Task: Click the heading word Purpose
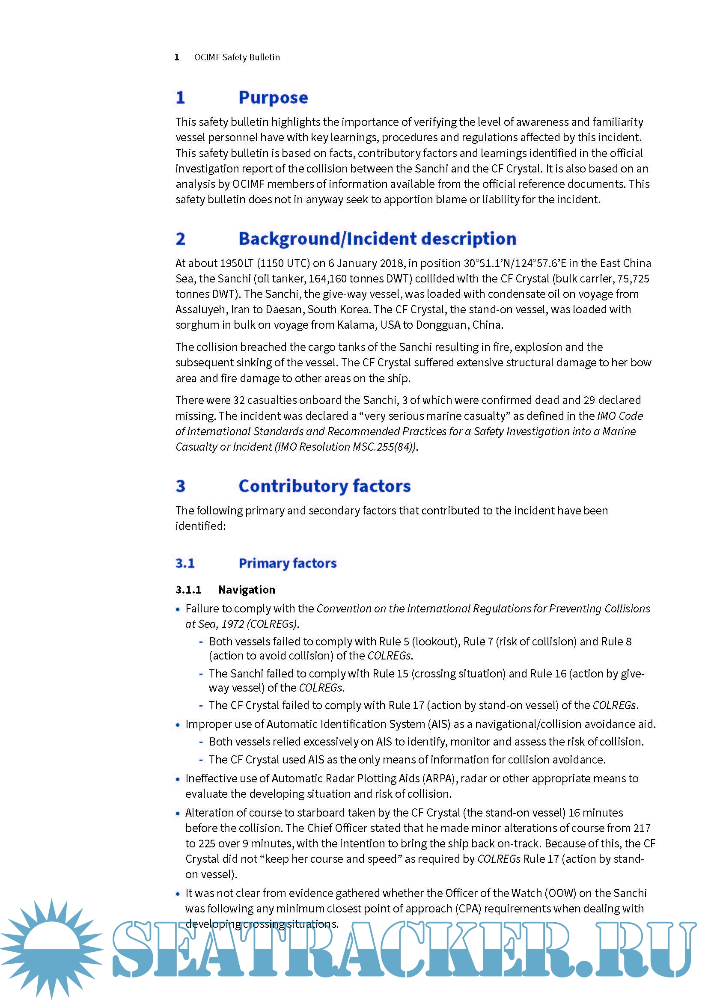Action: pyautogui.click(x=273, y=98)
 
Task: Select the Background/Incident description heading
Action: pyautogui.click(x=377, y=239)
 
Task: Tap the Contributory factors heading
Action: pyautogui.click(x=324, y=486)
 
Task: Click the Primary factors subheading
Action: pyautogui.click(x=287, y=563)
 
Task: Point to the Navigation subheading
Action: pyautogui.click(x=247, y=590)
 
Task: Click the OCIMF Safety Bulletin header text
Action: pyautogui.click(x=237, y=57)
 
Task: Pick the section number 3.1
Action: pyautogui.click(x=185, y=563)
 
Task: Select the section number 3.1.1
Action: pyautogui.click(x=188, y=590)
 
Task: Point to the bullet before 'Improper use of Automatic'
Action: pyautogui.click(x=178, y=725)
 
